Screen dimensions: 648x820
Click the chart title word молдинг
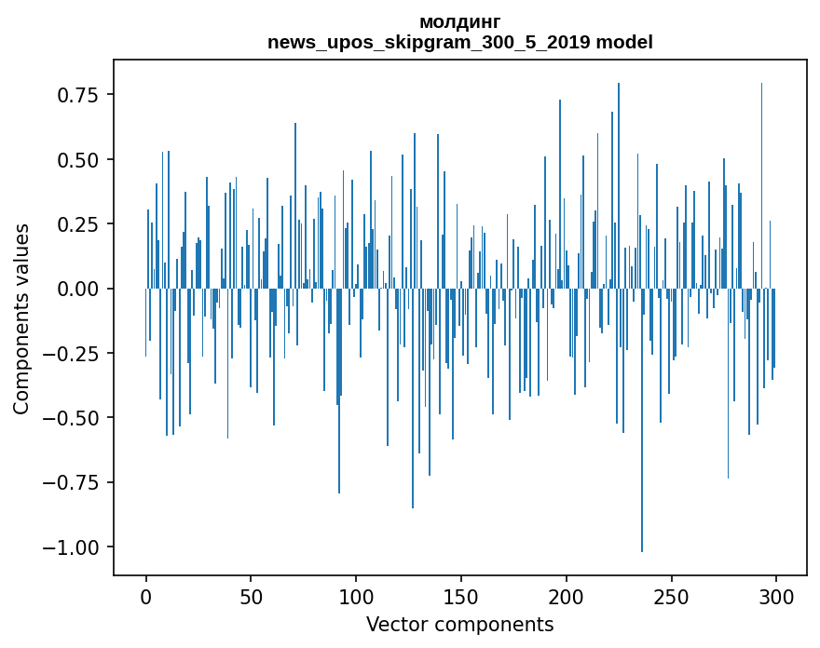[460, 21]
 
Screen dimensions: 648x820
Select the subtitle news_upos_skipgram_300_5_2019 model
[460, 42]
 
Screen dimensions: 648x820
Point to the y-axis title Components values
[21, 318]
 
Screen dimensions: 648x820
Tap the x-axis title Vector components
[460, 625]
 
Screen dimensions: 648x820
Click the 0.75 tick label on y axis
[81, 95]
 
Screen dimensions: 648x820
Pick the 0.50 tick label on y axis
[81, 160]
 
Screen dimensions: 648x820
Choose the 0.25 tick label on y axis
[81, 224]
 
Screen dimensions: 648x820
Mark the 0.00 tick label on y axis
[81, 289]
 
